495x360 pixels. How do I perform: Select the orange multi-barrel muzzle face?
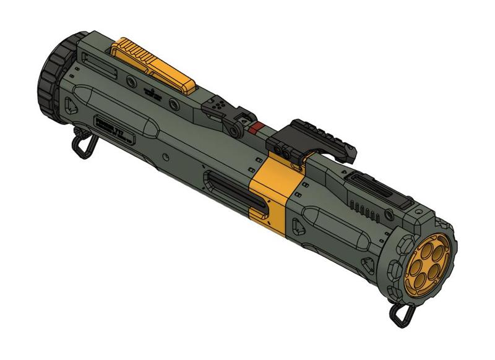[x=427, y=266]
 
